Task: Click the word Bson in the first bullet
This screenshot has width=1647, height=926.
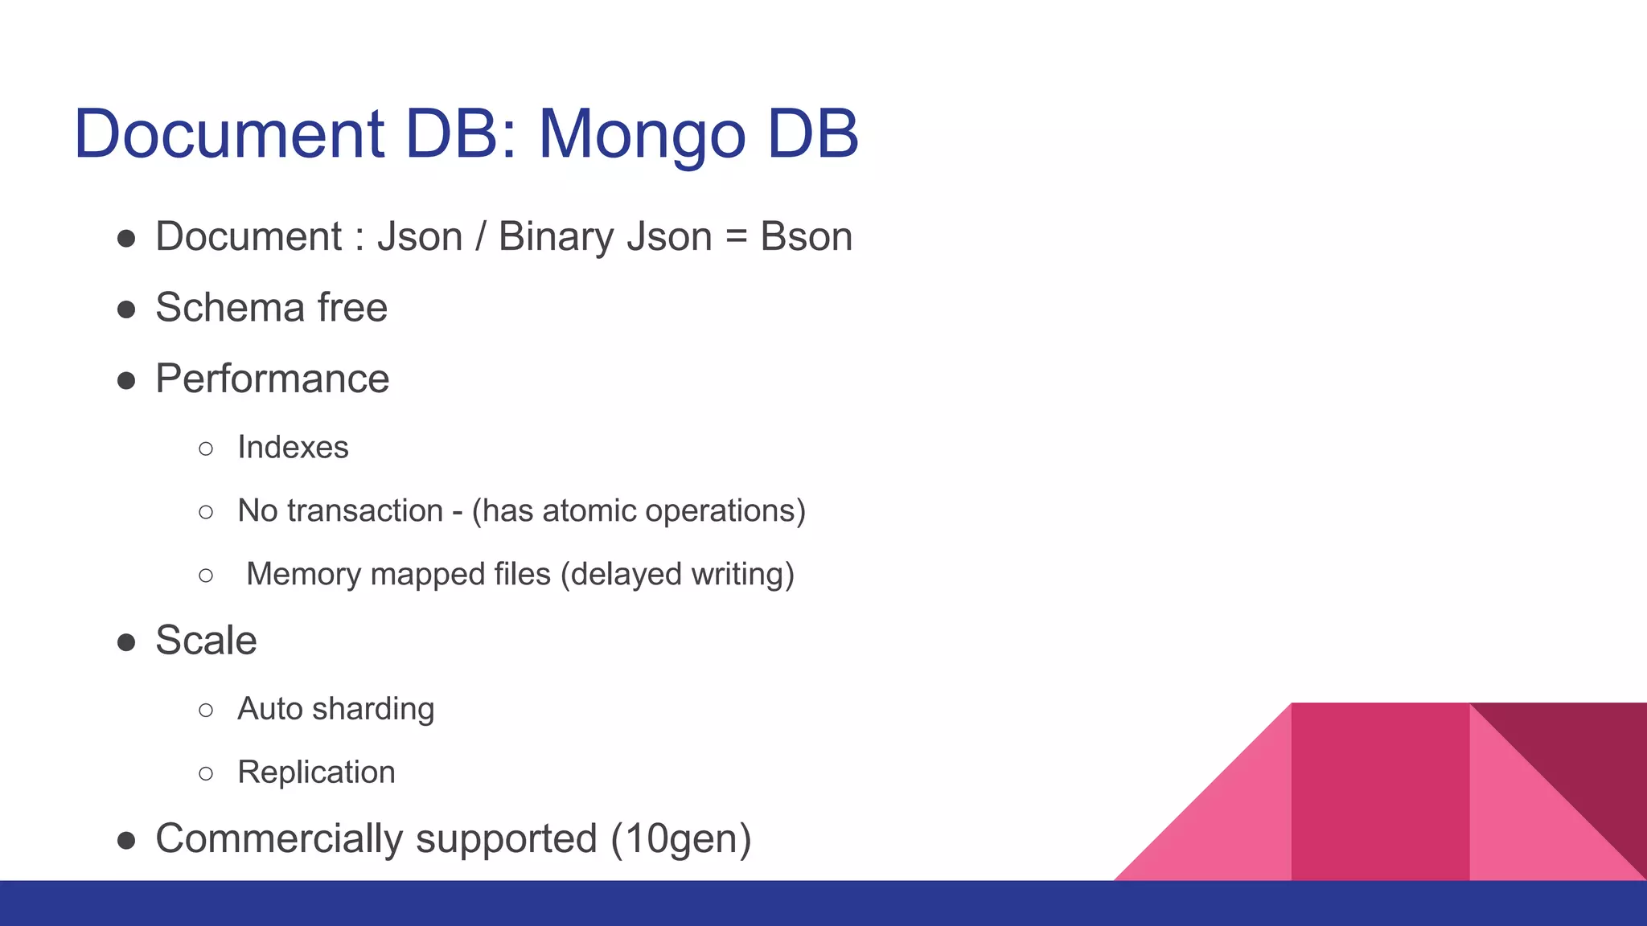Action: (806, 237)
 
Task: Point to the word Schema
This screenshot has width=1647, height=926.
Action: (230, 308)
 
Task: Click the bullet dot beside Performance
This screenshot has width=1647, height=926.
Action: (126, 380)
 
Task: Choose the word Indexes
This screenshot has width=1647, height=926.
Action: (293, 448)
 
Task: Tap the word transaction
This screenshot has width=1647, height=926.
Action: (365, 511)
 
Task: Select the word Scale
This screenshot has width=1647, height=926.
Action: (206, 641)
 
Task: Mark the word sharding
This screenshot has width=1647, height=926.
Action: (373, 709)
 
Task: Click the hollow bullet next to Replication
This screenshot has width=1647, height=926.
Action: (206, 773)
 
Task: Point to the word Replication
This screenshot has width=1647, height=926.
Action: (316, 772)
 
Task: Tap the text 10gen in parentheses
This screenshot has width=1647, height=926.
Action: (681, 839)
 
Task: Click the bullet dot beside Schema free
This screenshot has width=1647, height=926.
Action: (126, 309)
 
